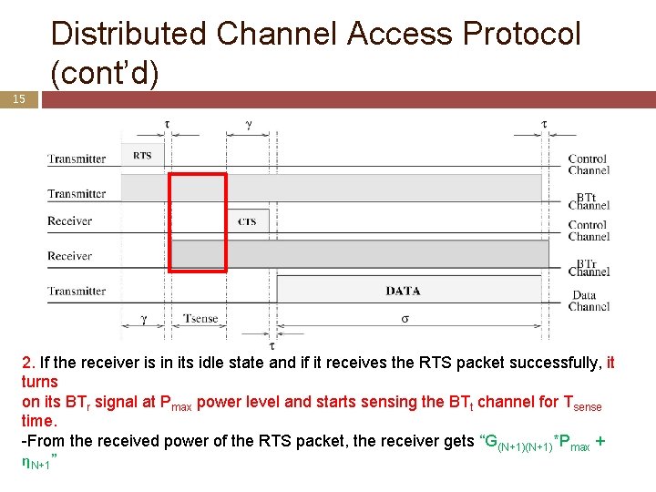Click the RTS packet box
143,156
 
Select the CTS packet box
247,221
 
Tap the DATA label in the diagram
403,291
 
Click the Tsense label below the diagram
200,319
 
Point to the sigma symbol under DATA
405,319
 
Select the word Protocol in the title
522,34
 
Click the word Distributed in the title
129,34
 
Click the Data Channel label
590,301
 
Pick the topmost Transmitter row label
77,159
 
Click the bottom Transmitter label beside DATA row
77,292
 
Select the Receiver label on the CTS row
70,221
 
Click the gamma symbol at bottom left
143,319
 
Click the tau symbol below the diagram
272,345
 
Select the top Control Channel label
589,165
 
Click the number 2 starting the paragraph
26,363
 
